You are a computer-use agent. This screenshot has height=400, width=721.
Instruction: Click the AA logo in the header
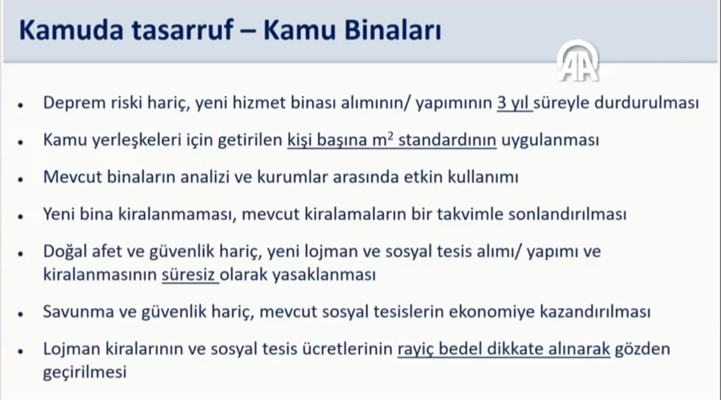tap(578, 61)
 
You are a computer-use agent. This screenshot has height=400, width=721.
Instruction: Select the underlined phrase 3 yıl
tap(514, 104)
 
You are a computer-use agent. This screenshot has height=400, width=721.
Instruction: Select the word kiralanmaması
tap(177, 215)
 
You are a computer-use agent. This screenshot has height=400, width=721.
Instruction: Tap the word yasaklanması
tap(324, 275)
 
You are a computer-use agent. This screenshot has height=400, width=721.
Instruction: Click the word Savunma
tap(78, 312)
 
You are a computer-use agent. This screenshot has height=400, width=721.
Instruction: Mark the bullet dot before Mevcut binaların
tap(21, 179)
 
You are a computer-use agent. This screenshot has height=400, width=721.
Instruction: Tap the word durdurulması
tap(646, 104)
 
